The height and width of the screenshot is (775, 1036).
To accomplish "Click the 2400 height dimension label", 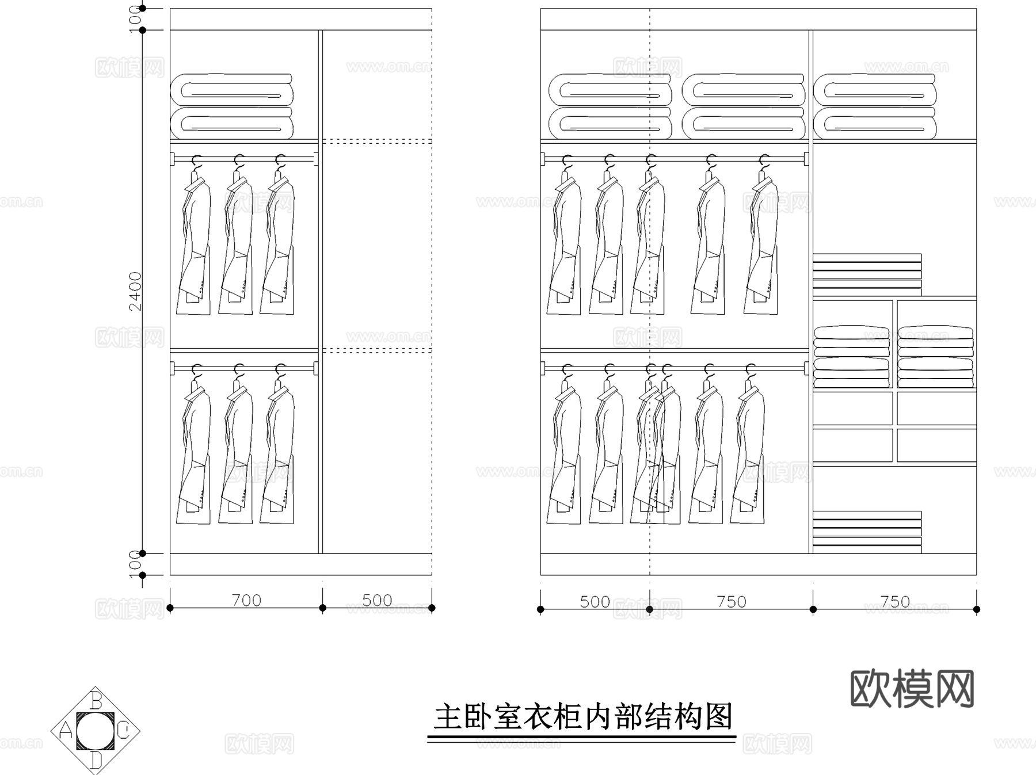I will click(x=135, y=291).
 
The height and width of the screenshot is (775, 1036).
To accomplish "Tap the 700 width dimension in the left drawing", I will click(x=246, y=600).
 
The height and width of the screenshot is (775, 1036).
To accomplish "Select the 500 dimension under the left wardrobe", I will click(x=377, y=600).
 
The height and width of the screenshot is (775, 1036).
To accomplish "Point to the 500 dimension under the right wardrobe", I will click(x=595, y=602).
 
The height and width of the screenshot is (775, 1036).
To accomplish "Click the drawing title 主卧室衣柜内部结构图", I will click(x=582, y=717).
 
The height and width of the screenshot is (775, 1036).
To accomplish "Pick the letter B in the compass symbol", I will click(x=96, y=700).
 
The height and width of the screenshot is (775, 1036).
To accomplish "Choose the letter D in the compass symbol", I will click(x=96, y=761).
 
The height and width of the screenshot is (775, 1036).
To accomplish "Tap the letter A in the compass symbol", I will click(x=65, y=731).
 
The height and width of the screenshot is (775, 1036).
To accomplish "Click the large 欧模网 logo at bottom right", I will click(x=912, y=688).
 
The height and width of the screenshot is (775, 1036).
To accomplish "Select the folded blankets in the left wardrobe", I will click(x=232, y=106).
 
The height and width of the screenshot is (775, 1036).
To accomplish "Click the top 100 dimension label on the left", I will click(x=135, y=19).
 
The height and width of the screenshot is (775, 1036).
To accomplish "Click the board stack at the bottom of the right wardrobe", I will click(x=867, y=532).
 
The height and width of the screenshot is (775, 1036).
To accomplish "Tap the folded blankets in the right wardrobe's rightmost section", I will click(x=875, y=106).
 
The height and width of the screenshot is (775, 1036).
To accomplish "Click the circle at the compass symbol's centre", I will click(x=96, y=731).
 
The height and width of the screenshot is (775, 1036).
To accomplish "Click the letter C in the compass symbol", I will click(x=124, y=731).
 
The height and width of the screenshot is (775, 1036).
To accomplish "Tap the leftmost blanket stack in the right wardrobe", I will click(x=610, y=106).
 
